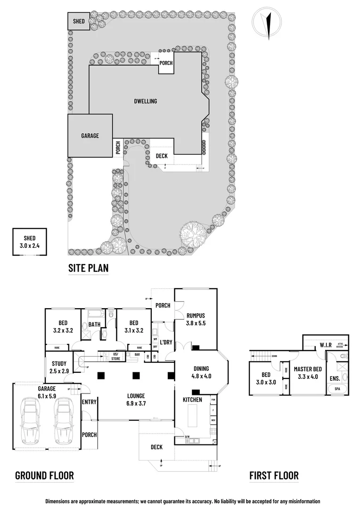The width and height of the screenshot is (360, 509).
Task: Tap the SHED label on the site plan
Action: (78, 21)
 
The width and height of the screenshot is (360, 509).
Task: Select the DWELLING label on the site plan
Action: (145, 101)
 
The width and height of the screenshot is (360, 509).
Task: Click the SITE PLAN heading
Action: (88, 268)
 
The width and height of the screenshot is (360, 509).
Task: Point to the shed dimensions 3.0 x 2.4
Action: (30, 246)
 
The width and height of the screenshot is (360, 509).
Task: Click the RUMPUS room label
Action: (196, 316)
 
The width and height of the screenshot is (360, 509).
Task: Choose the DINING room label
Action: (201, 369)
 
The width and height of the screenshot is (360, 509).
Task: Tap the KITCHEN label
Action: (192, 400)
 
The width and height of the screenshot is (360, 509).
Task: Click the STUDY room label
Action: (59, 363)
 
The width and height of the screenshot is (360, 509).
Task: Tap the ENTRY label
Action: (89, 402)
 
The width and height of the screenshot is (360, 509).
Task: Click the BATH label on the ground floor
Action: (94, 324)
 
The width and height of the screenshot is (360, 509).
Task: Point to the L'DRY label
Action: (165, 342)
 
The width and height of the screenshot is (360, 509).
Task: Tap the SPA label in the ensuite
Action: (338, 389)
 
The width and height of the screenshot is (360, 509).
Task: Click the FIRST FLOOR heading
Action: (274, 475)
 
